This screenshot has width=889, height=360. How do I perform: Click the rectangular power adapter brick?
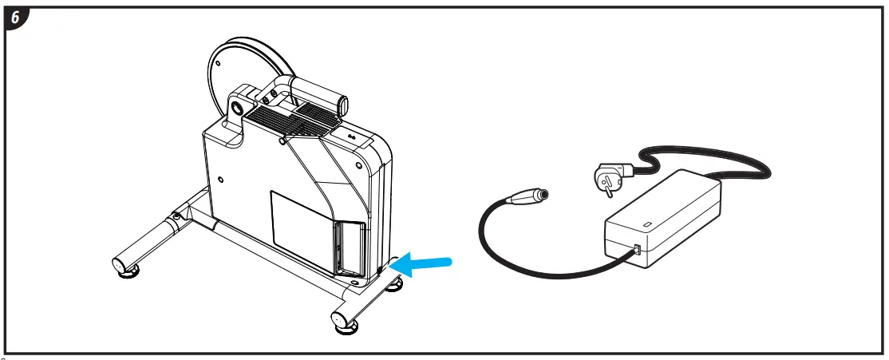click(662, 220)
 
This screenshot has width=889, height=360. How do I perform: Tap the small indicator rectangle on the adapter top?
click(647, 224)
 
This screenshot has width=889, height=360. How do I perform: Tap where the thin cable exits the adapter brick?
click(635, 250)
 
